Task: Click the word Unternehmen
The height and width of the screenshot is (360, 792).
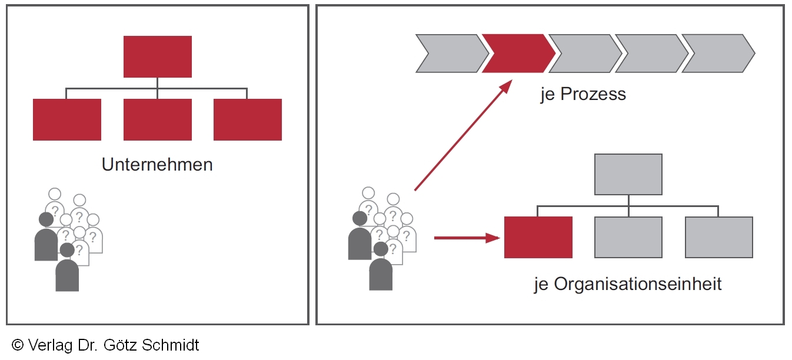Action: (x=157, y=164)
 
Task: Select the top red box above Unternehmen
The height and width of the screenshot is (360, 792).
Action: (x=157, y=56)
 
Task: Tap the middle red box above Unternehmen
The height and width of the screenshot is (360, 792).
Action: (x=157, y=119)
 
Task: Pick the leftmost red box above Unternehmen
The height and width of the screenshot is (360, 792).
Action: (x=67, y=119)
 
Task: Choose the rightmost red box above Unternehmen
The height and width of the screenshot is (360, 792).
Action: (x=248, y=119)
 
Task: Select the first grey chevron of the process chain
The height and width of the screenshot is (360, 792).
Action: (x=450, y=54)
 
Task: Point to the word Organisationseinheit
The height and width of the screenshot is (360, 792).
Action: (x=637, y=284)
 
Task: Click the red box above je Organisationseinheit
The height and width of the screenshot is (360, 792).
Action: (x=538, y=237)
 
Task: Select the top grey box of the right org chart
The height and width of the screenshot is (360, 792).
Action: (x=628, y=174)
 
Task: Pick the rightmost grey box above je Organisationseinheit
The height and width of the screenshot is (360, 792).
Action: (x=719, y=237)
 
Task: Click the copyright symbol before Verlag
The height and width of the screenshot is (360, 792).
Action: (x=18, y=345)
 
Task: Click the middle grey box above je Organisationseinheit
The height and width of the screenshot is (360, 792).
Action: (x=628, y=237)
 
